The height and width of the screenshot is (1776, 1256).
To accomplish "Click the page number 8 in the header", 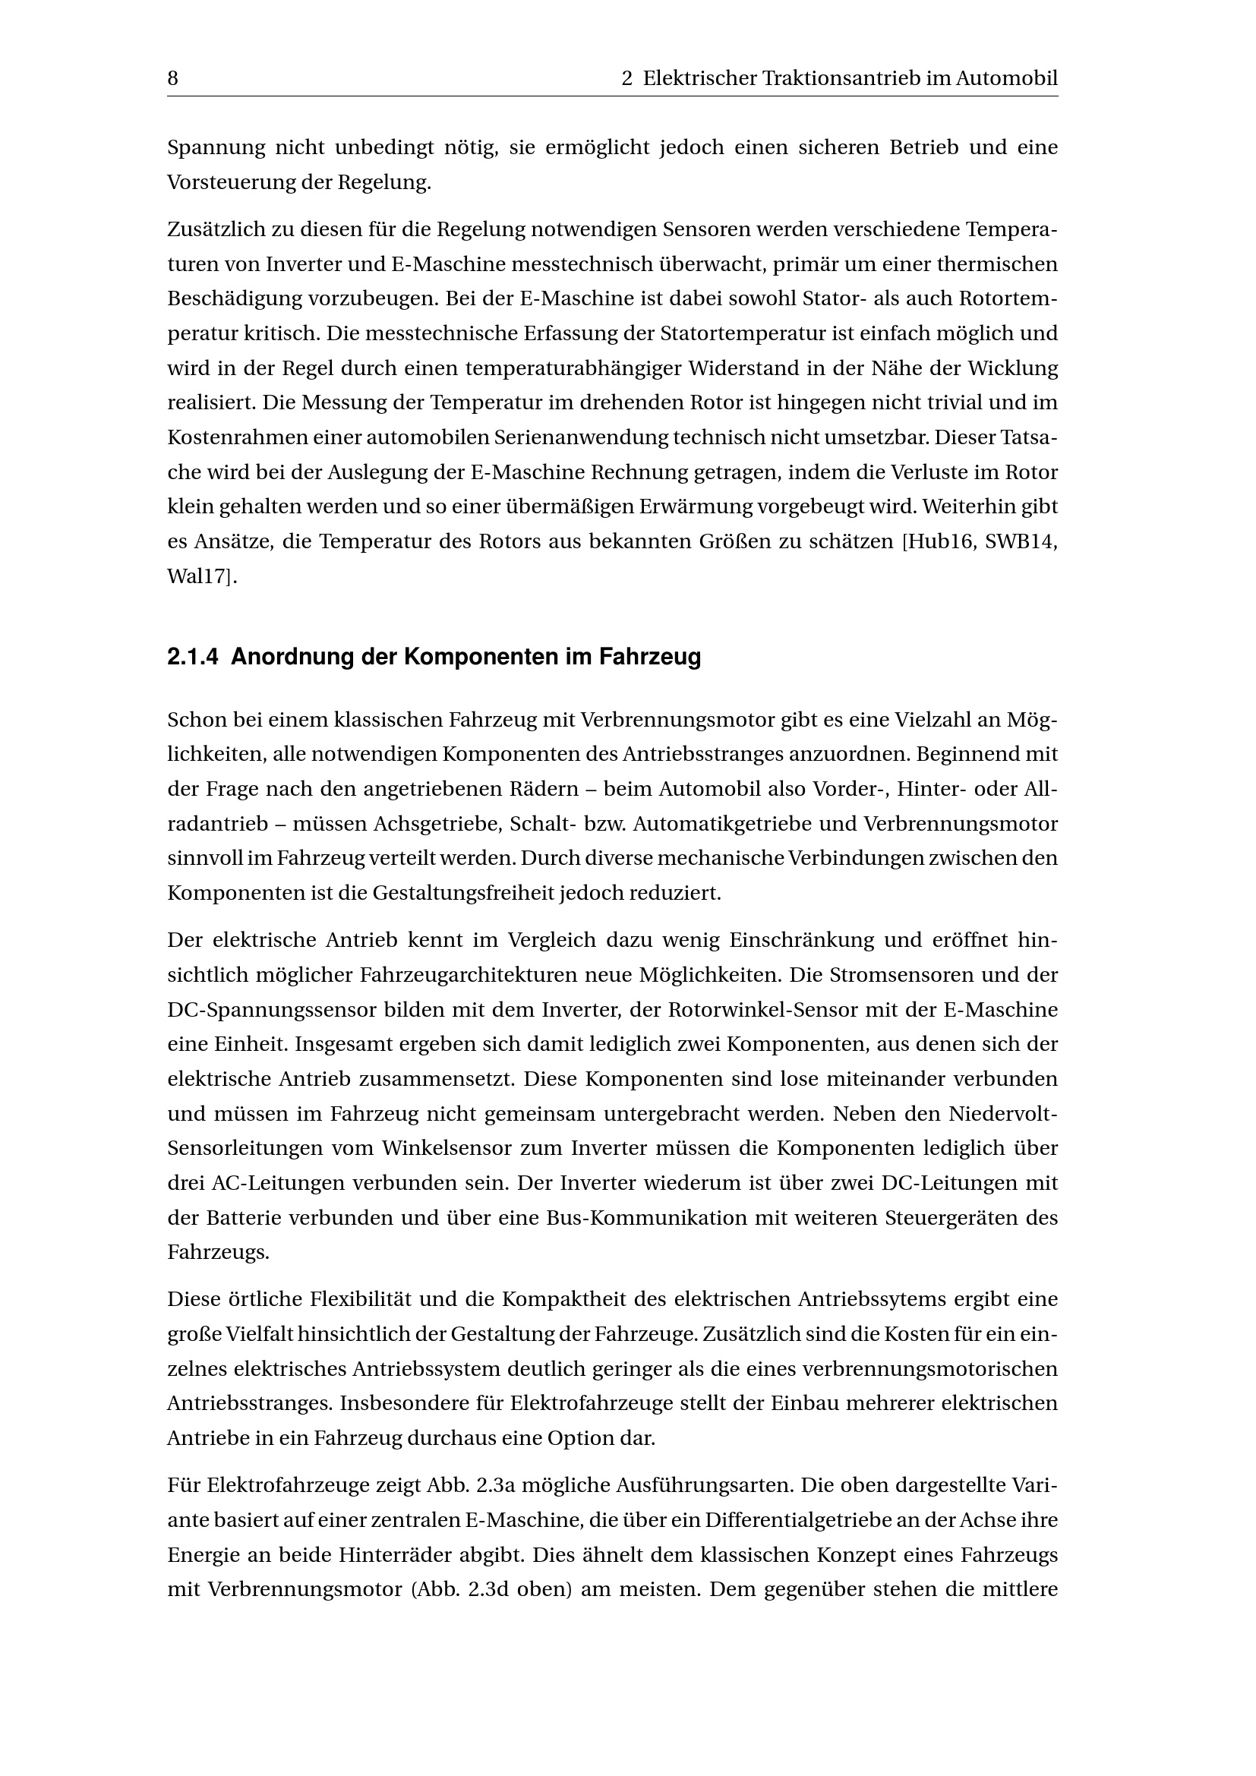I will pos(172,79).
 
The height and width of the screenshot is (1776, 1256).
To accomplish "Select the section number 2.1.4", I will pos(193,658).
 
